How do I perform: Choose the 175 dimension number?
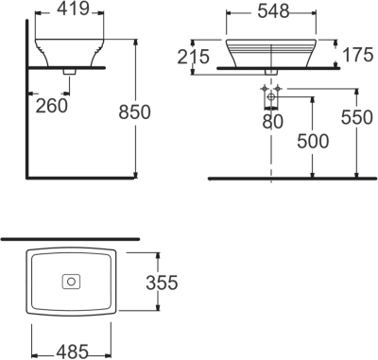[356, 55]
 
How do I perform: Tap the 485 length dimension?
[71, 351]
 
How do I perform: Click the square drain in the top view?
[71, 282]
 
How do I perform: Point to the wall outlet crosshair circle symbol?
[271, 97]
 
